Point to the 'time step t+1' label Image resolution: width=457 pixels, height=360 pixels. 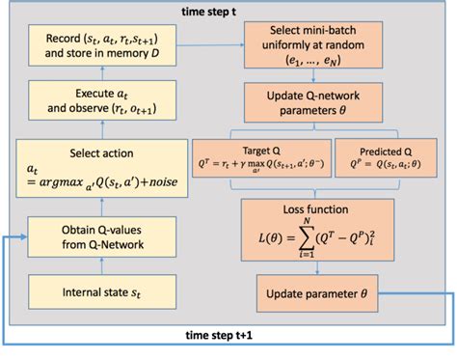(x=224, y=336)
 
